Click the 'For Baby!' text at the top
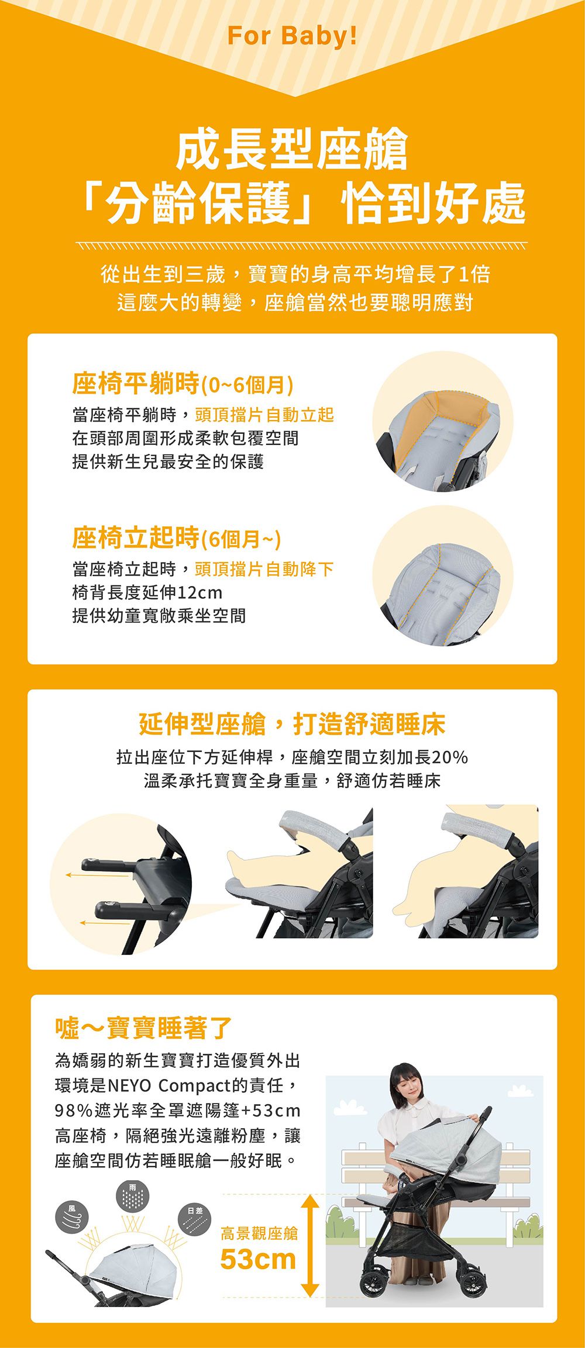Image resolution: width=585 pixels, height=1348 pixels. pyautogui.click(x=292, y=36)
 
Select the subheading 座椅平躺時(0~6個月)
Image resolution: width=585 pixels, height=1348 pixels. pyautogui.click(x=183, y=384)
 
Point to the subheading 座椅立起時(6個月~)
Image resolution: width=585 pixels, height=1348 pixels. pyautogui.click(x=176, y=537)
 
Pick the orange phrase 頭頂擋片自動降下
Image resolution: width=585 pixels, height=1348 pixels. pyautogui.click(x=264, y=568)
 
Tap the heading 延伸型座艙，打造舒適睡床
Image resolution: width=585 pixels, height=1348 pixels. pyautogui.click(x=292, y=724)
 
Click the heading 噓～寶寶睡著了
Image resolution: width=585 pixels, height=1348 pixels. pyautogui.click(x=143, y=1028)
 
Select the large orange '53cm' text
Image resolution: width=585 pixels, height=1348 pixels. pyautogui.click(x=258, y=1259)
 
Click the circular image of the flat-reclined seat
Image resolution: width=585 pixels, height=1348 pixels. pyautogui.click(x=443, y=421)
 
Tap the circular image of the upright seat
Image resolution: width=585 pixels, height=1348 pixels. pyautogui.click(x=443, y=575)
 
